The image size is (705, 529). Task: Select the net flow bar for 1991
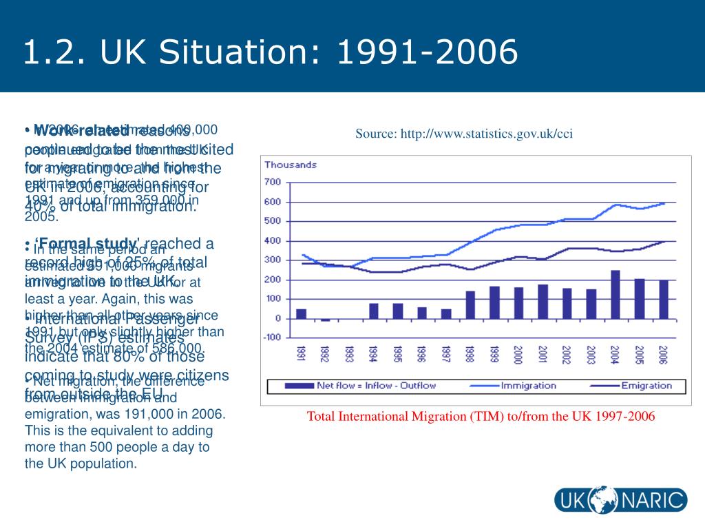(x=302, y=313)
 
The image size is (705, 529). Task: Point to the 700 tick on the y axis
(x=273, y=182)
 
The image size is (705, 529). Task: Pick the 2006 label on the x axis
(x=664, y=355)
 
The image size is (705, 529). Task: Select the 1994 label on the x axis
(x=373, y=355)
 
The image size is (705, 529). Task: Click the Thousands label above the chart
(x=291, y=165)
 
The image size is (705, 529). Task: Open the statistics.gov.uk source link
(x=464, y=134)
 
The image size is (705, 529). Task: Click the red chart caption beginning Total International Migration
(x=481, y=417)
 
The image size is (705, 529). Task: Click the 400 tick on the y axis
(x=273, y=240)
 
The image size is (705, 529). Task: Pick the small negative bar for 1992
(x=325, y=320)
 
